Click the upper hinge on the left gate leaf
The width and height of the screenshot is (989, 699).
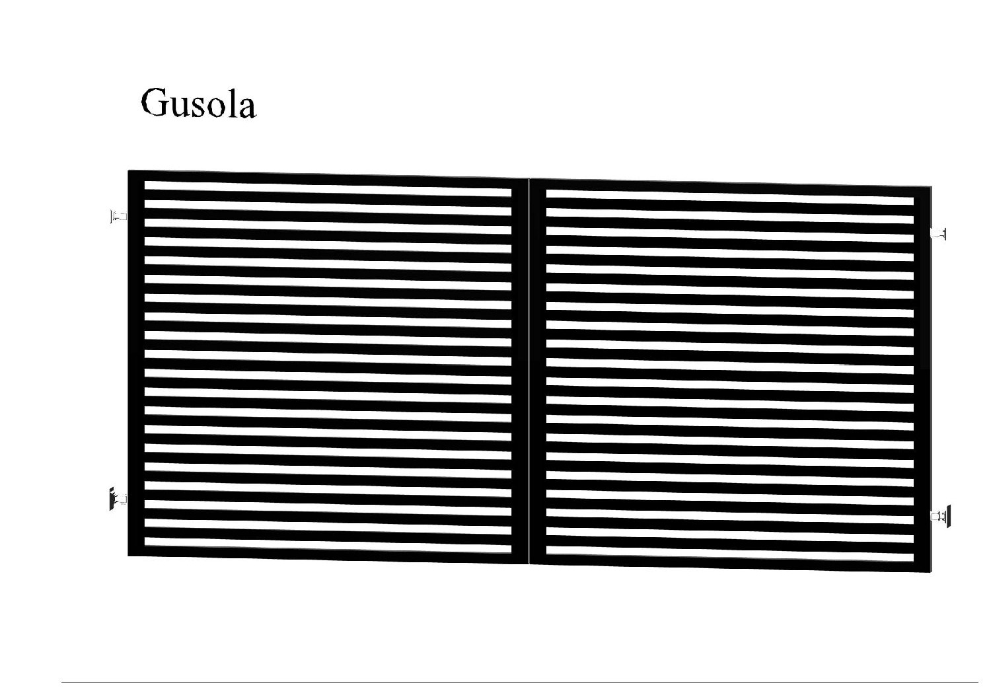[118, 216]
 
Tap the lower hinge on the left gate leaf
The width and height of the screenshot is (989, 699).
[118, 499]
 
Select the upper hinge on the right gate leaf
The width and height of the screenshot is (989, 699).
[939, 233]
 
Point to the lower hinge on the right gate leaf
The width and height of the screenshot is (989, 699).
[941, 516]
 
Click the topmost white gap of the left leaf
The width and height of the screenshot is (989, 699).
[328, 188]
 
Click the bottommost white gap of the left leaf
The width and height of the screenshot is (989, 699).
[328, 545]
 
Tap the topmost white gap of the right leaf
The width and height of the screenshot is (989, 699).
[730, 198]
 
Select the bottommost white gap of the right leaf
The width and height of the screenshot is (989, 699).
[730, 554]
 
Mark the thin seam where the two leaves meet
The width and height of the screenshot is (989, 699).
[529, 371]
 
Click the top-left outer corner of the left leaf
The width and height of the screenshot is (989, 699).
[128, 170]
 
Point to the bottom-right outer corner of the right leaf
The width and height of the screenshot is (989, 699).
[932, 572]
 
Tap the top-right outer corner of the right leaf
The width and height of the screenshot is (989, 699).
[932, 186]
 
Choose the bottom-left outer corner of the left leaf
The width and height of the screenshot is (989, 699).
[128, 556]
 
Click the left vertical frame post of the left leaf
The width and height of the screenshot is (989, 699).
[136, 363]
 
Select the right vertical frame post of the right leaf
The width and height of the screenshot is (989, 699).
[923, 379]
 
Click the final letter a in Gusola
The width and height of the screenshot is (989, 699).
[247, 107]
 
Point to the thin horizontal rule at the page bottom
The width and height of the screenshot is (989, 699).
[520, 682]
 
